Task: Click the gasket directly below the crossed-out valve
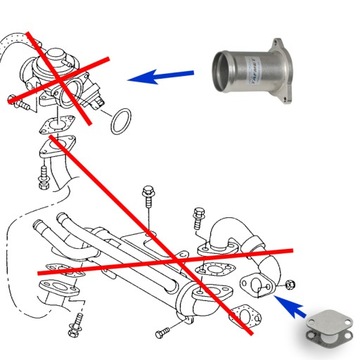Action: point(53,128)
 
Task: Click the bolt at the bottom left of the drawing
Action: point(75,326)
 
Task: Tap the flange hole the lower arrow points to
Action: point(262,287)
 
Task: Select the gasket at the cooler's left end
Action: point(55,290)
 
